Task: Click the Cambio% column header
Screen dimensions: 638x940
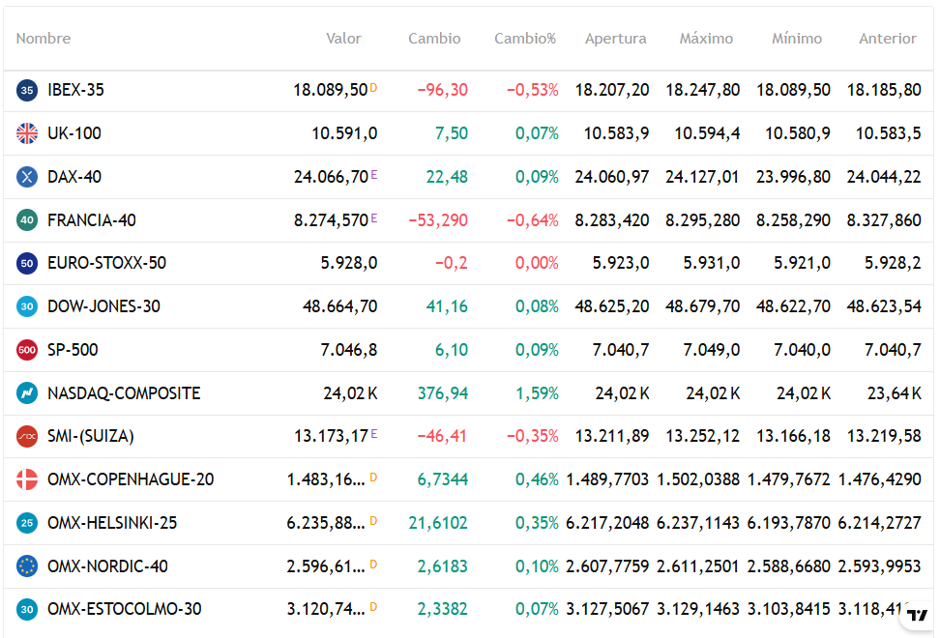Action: click(525, 39)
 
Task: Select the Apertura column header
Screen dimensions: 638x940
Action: click(615, 39)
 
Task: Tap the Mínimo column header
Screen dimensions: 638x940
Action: click(797, 39)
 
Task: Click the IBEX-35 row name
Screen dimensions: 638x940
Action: click(75, 90)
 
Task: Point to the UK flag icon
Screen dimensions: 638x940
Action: click(27, 133)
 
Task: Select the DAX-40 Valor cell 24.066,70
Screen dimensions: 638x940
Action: click(331, 177)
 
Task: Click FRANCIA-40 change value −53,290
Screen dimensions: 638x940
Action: click(437, 220)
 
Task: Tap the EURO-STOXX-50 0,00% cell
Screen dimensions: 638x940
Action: click(537, 263)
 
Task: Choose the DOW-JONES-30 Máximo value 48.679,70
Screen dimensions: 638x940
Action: click(702, 306)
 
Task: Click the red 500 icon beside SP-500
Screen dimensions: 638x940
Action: click(27, 350)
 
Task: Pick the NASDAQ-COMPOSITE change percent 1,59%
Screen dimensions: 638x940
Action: click(537, 393)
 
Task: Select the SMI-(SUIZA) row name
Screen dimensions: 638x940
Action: click(91, 436)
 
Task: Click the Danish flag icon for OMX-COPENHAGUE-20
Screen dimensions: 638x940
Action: click(27, 479)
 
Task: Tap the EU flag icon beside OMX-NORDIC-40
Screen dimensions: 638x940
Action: click(27, 566)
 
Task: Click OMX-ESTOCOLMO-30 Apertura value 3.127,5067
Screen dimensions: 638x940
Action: click(607, 609)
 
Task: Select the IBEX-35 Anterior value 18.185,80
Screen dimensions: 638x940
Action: click(884, 90)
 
